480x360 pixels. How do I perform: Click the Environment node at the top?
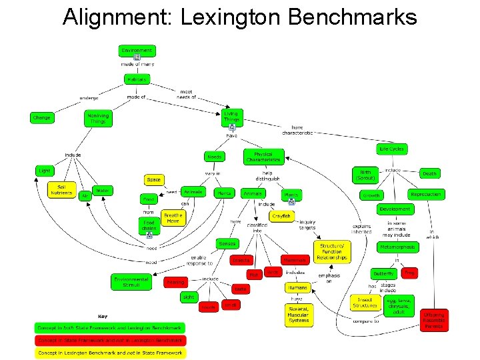137,50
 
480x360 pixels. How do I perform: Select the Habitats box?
137,79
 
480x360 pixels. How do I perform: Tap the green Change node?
41,118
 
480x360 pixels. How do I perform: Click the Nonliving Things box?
98,118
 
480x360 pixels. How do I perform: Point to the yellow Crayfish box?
281,216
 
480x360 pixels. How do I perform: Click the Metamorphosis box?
397,247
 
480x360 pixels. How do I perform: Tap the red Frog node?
409,273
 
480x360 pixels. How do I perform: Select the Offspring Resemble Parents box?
435,320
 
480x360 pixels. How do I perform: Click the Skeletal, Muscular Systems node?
299,315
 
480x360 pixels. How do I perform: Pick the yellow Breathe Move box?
173,218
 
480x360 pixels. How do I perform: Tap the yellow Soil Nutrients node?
61,189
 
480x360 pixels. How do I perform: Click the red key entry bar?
110,340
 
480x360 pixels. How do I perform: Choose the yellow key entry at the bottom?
110,352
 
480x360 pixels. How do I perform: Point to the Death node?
430,173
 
